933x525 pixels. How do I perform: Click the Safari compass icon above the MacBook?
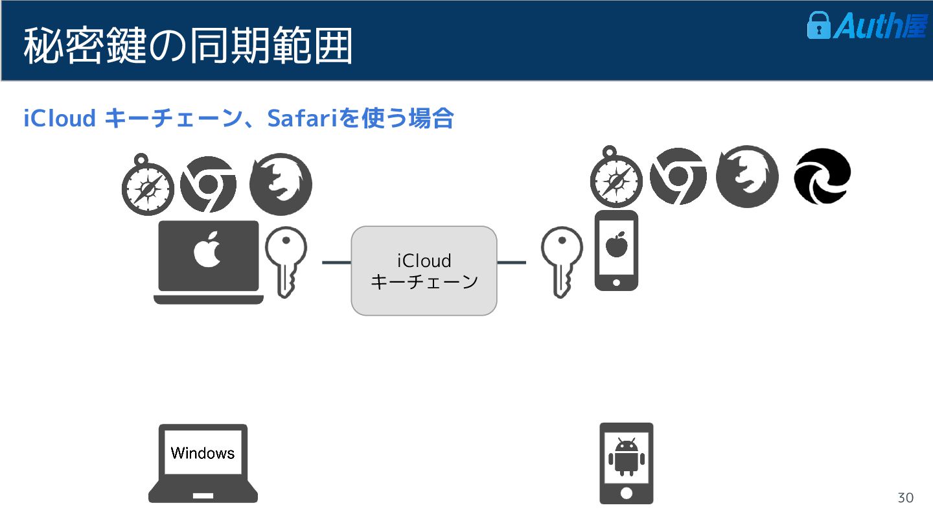pos(148,187)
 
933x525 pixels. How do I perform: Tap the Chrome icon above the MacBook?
pos(208,185)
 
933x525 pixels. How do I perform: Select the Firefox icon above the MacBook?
pos(281,185)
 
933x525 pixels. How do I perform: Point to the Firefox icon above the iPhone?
pos(746,176)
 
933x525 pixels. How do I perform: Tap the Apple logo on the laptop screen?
pos(209,250)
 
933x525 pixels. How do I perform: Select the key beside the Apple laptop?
pos(286,259)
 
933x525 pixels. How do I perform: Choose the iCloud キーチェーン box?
pos(424,271)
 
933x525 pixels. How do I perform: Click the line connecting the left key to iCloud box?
pos(336,262)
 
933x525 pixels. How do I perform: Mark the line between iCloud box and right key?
pos(511,262)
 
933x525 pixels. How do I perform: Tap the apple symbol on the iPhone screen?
pos(616,245)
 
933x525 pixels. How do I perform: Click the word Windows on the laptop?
pos(202,452)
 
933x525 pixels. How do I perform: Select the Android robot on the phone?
pos(626,456)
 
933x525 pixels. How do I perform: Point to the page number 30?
pos(905,498)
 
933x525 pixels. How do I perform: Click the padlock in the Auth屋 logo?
pos(818,25)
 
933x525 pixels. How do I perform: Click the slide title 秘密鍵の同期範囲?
pos(188,45)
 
